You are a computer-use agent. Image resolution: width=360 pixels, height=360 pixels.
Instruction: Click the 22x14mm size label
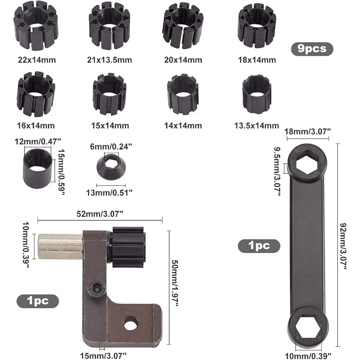click(37, 60)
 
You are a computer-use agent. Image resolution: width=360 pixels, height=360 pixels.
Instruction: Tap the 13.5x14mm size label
click(256, 126)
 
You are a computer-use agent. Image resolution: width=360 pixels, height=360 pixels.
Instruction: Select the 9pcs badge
click(312, 49)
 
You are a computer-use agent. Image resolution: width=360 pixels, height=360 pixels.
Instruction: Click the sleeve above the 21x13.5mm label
click(109, 26)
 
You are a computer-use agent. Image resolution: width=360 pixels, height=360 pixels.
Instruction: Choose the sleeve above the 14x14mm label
click(183, 94)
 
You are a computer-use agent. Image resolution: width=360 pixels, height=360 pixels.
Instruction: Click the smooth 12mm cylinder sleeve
click(37, 168)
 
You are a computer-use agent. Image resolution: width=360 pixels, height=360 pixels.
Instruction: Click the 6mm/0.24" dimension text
click(111, 147)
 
